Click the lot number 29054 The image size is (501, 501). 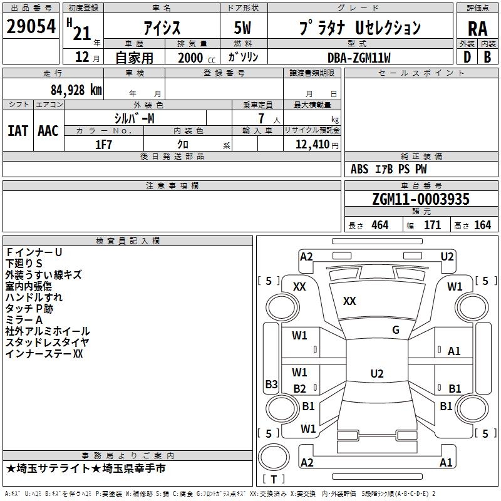pyautogui.click(x=31, y=27)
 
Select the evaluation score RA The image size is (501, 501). pyautogui.click(x=477, y=29)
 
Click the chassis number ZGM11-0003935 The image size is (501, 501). pyautogui.click(x=420, y=200)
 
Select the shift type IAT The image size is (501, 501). pyautogui.click(x=18, y=131)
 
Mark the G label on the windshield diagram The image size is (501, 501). pyautogui.click(x=396, y=330)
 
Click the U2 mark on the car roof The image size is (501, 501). pyautogui.click(x=376, y=374)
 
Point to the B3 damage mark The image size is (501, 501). pyautogui.click(x=271, y=384)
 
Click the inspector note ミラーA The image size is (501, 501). pyautogui.click(x=24, y=320)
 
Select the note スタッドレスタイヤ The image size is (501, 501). pyautogui.click(x=47, y=343)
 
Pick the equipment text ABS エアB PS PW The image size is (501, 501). pyautogui.click(x=389, y=169)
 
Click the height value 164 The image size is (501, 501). pyautogui.click(x=482, y=225)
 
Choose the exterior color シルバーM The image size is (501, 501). pyautogui.click(x=135, y=118)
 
